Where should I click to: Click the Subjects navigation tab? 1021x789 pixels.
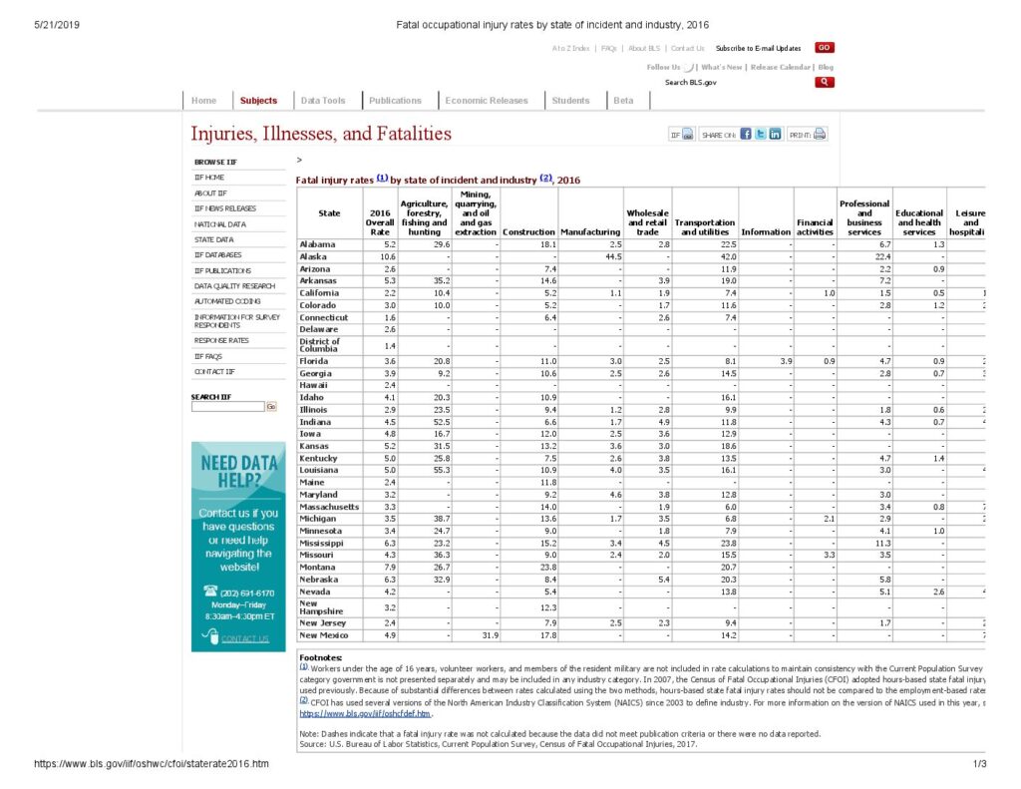pyautogui.click(x=258, y=101)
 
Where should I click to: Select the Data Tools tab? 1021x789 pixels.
pyautogui.click(x=323, y=101)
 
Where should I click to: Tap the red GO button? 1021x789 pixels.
pyautogui.click(x=824, y=47)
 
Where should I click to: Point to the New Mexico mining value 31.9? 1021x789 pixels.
pyautogui.click(x=489, y=635)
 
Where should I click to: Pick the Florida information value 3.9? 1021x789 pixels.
pyautogui.click(x=784, y=360)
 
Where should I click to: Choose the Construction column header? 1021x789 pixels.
pyautogui.click(x=528, y=232)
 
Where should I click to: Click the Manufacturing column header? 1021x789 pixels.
pyautogui.click(x=590, y=232)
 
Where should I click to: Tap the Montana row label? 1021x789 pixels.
pyautogui.click(x=318, y=567)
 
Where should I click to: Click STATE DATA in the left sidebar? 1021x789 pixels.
pyautogui.click(x=213, y=239)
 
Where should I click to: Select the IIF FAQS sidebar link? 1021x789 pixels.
pyautogui.click(x=208, y=356)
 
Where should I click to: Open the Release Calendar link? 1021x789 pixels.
pyautogui.click(x=782, y=67)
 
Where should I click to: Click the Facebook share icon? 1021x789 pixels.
pyautogui.click(x=745, y=135)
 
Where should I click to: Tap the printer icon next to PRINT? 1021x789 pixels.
pyautogui.click(x=820, y=135)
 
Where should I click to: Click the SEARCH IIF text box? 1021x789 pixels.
pyautogui.click(x=227, y=406)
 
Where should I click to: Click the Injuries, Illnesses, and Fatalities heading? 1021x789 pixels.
pyautogui.click(x=321, y=134)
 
